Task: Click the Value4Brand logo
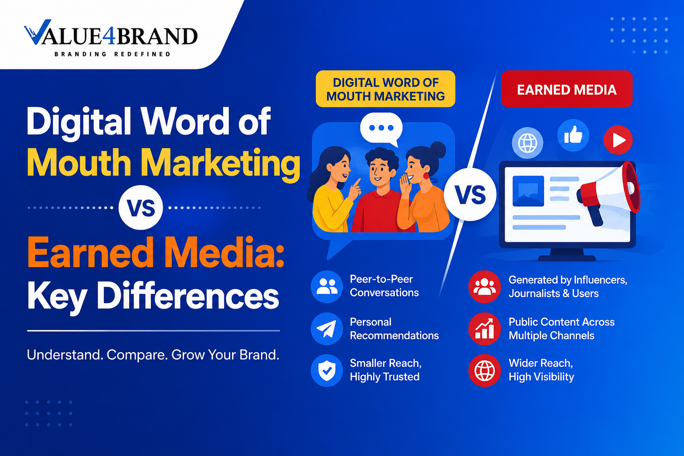pyautogui.click(x=110, y=38)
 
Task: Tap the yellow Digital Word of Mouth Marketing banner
pyautogui.click(x=385, y=89)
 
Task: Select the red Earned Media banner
pyautogui.click(x=567, y=89)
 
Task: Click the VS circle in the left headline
pyautogui.click(x=141, y=208)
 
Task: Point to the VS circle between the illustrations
pyautogui.click(x=470, y=195)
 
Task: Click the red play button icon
pyautogui.click(x=618, y=140)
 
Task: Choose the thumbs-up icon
pyautogui.click(x=573, y=135)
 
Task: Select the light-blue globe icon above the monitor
pyautogui.click(x=527, y=142)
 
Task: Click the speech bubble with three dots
pyautogui.click(x=381, y=129)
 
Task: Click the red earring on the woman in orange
pyautogui.click(x=426, y=176)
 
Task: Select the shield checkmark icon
pyautogui.click(x=327, y=370)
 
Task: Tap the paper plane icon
pyautogui.click(x=327, y=329)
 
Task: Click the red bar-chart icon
pyautogui.click(x=484, y=329)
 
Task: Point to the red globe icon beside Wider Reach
pyautogui.click(x=484, y=370)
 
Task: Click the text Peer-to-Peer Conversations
pyautogui.click(x=384, y=286)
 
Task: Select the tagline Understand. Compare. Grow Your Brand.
pyautogui.click(x=153, y=355)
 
